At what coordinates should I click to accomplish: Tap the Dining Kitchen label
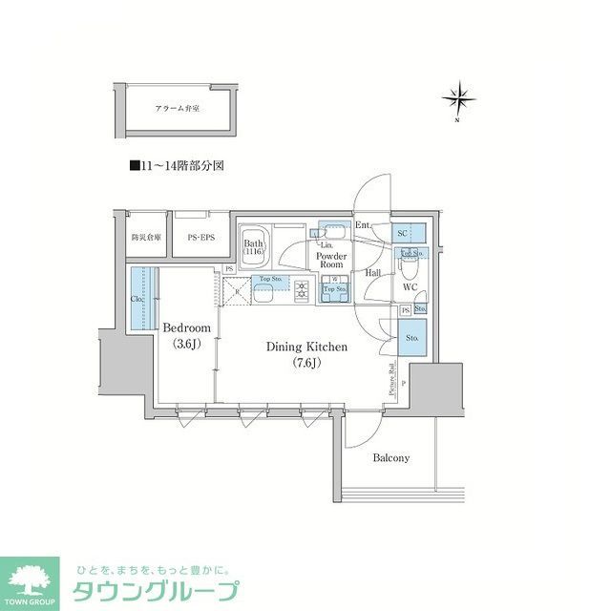[306, 354]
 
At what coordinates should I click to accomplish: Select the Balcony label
[390, 457]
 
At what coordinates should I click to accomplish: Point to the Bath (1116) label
[253, 248]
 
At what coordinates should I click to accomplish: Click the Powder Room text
[330, 261]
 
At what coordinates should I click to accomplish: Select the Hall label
[373, 272]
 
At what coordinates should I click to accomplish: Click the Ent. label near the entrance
[363, 225]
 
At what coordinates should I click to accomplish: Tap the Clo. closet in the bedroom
[138, 298]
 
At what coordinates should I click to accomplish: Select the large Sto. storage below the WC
[412, 337]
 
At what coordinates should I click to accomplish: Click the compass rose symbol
[459, 98]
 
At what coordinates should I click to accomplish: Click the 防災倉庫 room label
[146, 236]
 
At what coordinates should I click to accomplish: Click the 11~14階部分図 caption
[177, 165]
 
